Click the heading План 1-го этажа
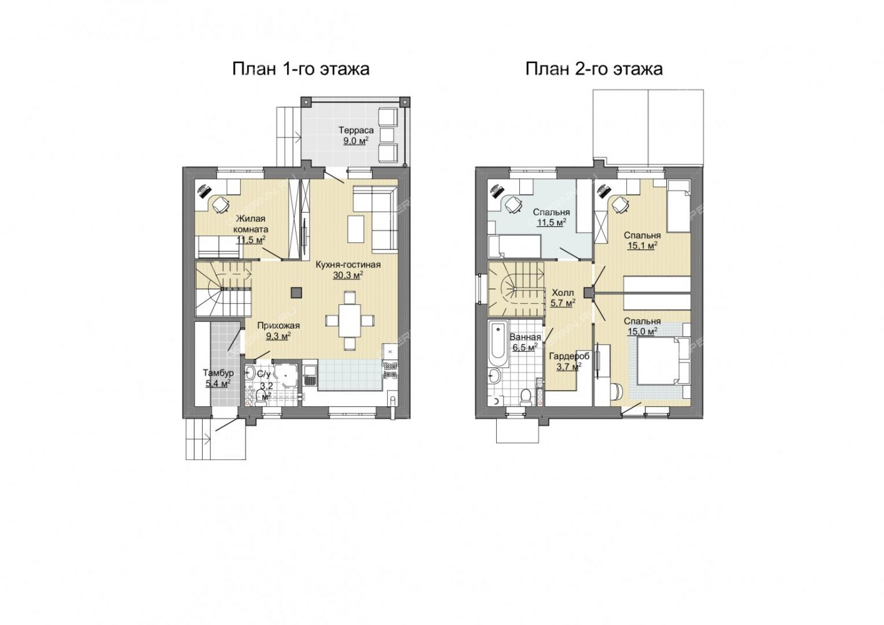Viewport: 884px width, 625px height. (301, 69)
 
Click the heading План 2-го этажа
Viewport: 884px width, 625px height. (594, 69)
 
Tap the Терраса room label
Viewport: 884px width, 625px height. (356, 130)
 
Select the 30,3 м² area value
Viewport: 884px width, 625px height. (348, 275)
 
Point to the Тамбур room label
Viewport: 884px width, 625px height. (218, 372)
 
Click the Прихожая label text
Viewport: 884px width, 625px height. (278, 326)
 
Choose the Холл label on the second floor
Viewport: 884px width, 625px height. (563, 293)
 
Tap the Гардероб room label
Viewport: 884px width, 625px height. (569, 356)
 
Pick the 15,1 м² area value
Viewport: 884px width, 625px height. (642, 246)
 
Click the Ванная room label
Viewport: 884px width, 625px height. (526, 337)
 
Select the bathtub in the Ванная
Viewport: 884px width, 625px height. (499, 346)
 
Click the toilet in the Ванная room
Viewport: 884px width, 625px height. (526, 397)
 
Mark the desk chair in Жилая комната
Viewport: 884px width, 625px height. (221, 204)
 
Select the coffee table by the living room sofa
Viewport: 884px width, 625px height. (356, 229)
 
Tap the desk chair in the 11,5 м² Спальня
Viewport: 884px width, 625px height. (514, 204)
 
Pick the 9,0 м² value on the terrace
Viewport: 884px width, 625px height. (355, 141)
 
